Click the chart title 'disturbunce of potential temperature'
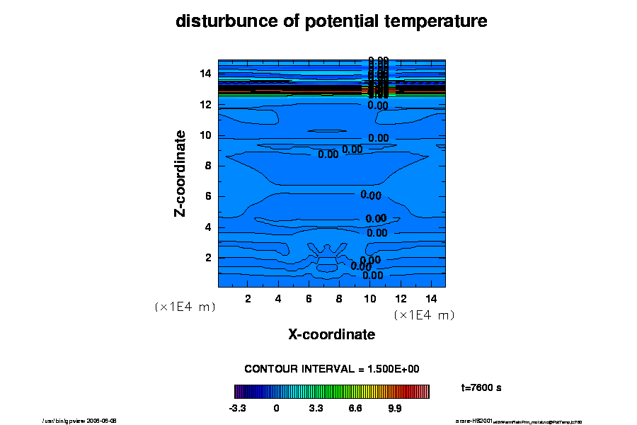pyautogui.click(x=331, y=22)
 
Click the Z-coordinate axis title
pyautogui.click(x=180, y=173)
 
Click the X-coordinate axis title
pyautogui.click(x=331, y=334)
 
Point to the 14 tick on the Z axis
pyautogui.click(x=206, y=73)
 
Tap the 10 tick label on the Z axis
pyautogui.click(x=206, y=135)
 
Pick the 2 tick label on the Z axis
pyautogui.click(x=209, y=258)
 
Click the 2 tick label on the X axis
pyautogui.click(x=248, y=298)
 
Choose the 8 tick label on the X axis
pyautogui.click(x=340, y=298)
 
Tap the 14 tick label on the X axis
pyautogui.click(x=430, y=298)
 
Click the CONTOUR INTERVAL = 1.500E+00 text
pyautogui.click(x=332, y=369)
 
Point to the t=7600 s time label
pyautogui.click(x=481, y=387)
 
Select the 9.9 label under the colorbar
pyautogui.click(x=394, y=408)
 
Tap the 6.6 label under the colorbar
pyautogui.click(x=355, y=408)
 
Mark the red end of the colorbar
pyautogui.click(x=426, y=392)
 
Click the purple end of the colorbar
pyautogui.click(x=237, y=392)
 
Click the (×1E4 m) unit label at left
pyautogui.click(x=185, y=307)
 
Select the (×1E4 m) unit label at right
pyautogui.click(x=424, y=315)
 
